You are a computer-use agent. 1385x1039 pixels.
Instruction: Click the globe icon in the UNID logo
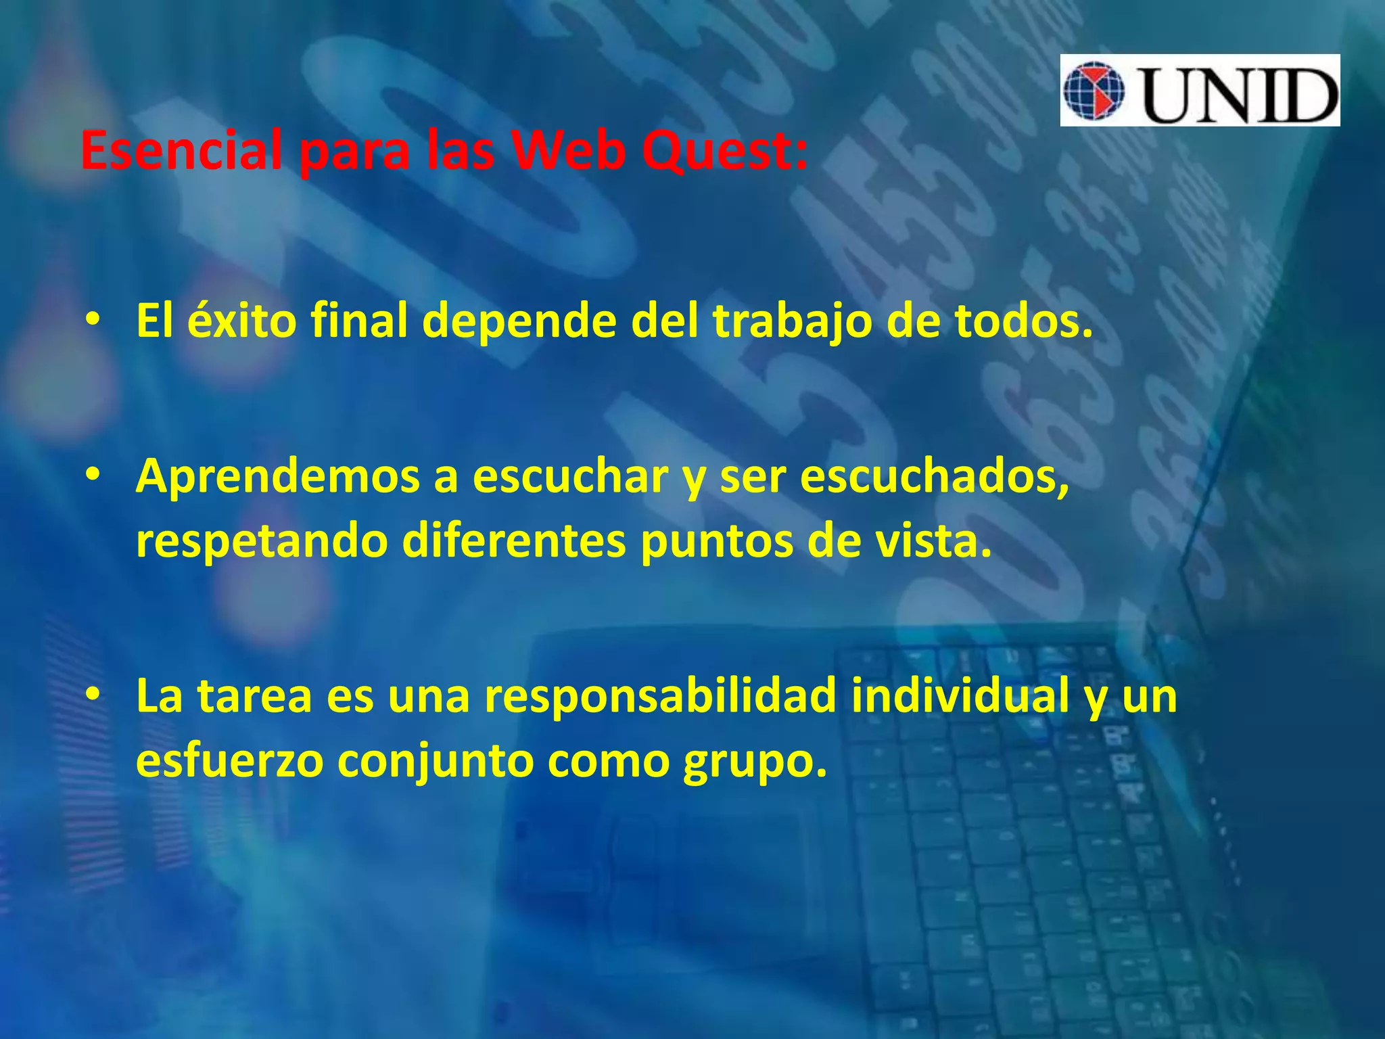1094,91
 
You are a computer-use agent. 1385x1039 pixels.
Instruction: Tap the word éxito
241,320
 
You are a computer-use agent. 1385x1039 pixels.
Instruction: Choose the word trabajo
792,321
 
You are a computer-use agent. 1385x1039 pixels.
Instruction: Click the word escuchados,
935,476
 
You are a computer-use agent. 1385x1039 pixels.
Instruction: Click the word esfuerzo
230,760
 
